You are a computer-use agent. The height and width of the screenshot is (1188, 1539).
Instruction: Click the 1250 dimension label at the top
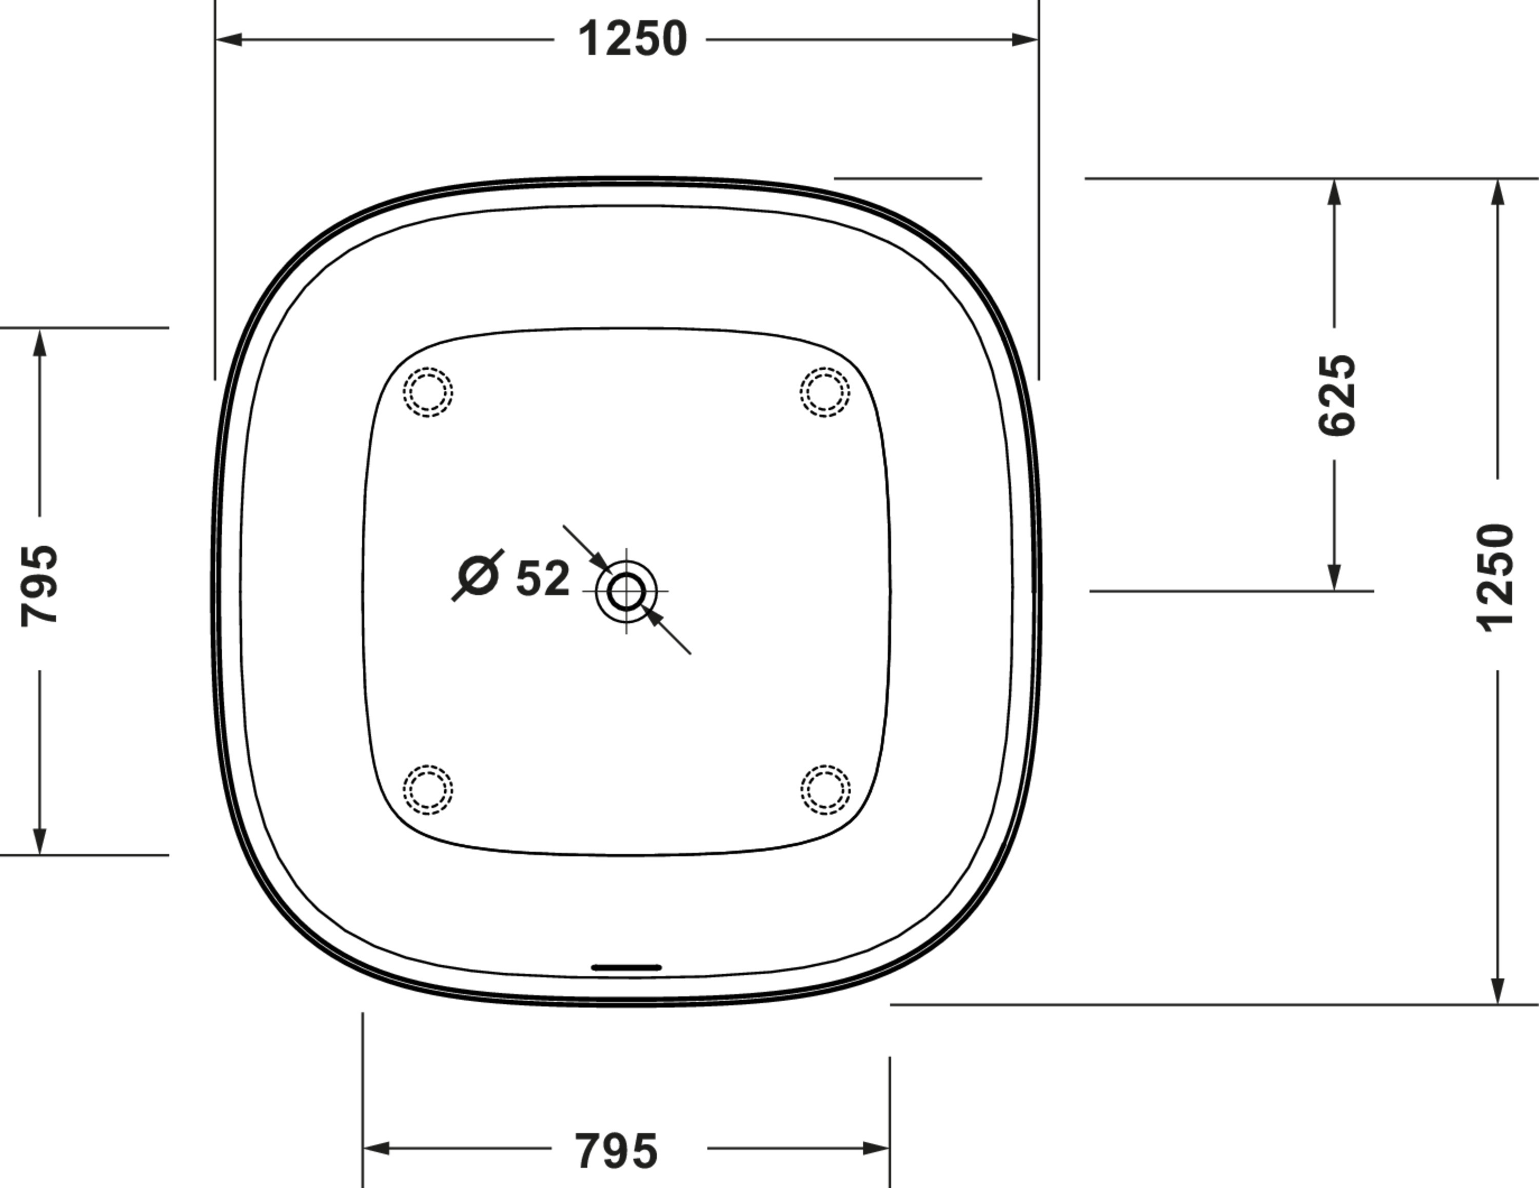[632, 39]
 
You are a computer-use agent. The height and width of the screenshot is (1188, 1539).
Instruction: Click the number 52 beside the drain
[543, 579]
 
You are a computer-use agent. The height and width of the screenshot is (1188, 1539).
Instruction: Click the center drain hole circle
[626, 591]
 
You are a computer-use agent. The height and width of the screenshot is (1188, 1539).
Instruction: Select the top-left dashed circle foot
[428, 392]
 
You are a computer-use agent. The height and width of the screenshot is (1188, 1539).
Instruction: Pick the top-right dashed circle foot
[825, 392]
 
